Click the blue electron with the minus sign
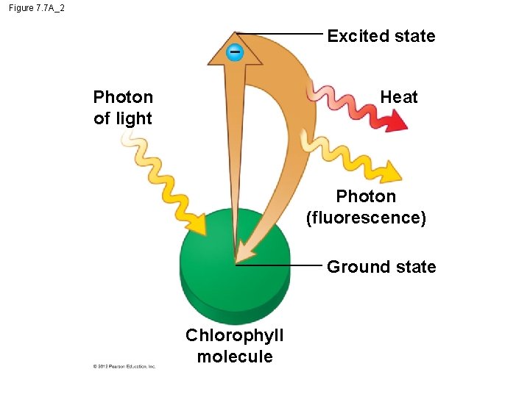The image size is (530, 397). (234, 52)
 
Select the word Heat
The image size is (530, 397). (398, 97)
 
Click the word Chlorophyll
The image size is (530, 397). (234, 336)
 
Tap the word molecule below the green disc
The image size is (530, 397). (235, 357)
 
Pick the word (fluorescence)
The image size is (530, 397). (366, 218)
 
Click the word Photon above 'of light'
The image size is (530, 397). (123, 97)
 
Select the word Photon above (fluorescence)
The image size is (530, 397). (366, 196)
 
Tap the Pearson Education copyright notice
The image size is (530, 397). (124, 366)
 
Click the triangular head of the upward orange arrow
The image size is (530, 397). (235, 46)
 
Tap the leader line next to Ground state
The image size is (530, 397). (280, 265)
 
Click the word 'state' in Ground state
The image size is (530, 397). (414, 267)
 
